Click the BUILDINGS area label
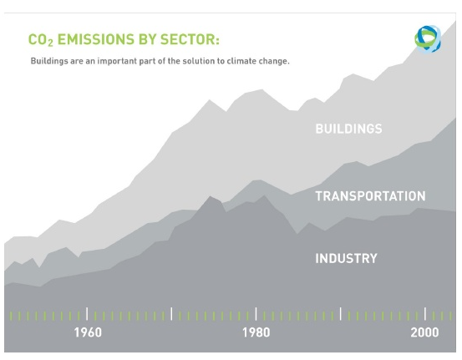click(348, 129)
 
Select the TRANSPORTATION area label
click(370, 196)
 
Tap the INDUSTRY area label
click(346, 258)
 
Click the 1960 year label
click(88, 332)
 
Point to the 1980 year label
click(256, 332)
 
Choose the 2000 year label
click(424, 332)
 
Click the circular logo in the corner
click(428, 39)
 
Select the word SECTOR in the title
click(188, 39)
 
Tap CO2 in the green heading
click(41, 40)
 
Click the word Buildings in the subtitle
click(49, 61)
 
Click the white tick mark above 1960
click(87, 314)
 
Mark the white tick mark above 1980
click(256, 314)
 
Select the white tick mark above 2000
click(425, 314)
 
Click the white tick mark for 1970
click(171, 314)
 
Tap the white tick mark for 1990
click(341, 314)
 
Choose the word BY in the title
click(147, 39)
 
